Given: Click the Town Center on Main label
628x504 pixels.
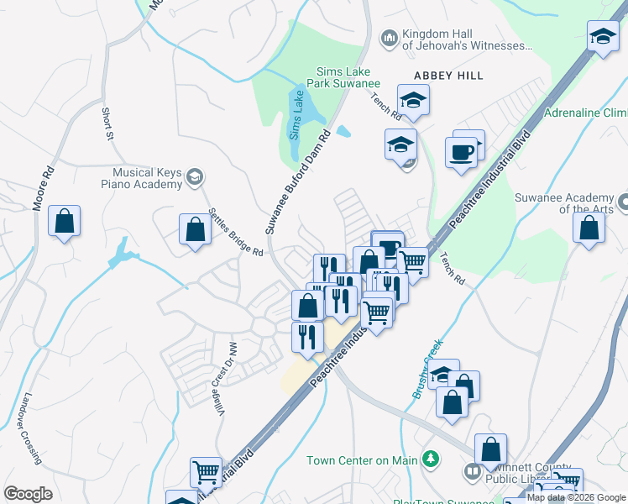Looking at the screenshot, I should (x=362, y=459).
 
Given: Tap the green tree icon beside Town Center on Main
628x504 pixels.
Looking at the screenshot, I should (x=431, y=459).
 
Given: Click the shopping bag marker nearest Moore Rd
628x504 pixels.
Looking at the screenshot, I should (x=64, y=222).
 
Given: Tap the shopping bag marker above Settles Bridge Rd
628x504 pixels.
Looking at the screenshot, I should (x=195, y=229).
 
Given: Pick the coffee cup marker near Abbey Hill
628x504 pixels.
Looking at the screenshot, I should (x=461, y=152).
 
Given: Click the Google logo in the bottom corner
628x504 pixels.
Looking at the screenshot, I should (x=29, y=493).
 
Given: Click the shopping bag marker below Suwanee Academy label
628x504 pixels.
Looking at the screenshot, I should (x=590, y=228).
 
